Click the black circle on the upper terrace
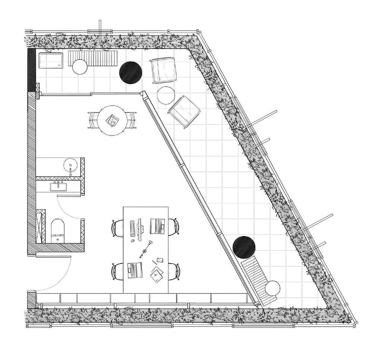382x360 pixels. click(x=131, y=72)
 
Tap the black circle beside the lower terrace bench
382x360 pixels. click(x=244, y=247)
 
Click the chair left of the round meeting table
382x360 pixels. click(x=93, y=120)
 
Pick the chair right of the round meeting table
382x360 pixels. click(x=131, y=119)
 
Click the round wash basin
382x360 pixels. click(x=71, y=166)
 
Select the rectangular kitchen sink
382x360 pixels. click(x=58, y=187)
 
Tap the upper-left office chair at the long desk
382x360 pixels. click(x=117, y=228)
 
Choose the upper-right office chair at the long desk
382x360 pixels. click(x=174, y=226)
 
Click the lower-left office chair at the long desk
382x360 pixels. click(x=117, y=271)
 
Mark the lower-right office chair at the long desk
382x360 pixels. click(x=175, y=271)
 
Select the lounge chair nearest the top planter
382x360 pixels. click(x=163, y=70)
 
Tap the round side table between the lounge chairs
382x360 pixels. click(x=166, y=95)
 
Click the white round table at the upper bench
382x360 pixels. click(x=80, y=67)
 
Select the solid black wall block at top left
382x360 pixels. click(x=31, y=70)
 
